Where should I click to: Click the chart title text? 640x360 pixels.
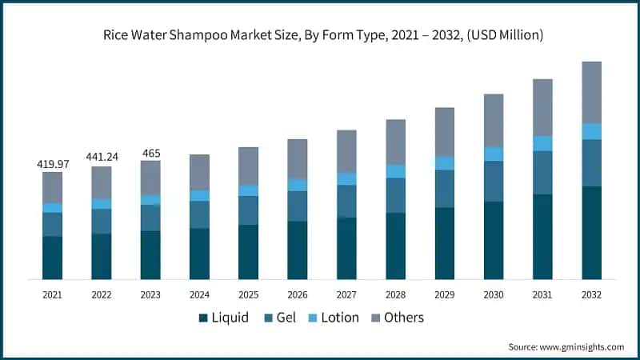coord(320,34)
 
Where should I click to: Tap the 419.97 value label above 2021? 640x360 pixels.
coord(53,164)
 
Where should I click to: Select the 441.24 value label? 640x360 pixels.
coord(102,157)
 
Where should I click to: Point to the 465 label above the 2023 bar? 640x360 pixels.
coord(150,153)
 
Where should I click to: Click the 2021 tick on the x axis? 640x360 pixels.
coord(53,294)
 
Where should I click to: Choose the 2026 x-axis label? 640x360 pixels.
coord(298,294)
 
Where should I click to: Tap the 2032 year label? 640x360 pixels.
coord(591,294)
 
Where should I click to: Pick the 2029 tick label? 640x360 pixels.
coord(444,294)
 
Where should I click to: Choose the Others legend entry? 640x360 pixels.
coord(395,318)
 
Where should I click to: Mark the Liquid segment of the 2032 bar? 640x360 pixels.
coord(591,232)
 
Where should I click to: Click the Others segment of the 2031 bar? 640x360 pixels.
coord(542,107)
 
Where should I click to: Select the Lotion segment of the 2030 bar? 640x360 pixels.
coord(494,154)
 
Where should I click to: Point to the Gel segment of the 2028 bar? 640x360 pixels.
coord(395,195)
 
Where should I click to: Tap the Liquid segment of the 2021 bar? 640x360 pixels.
coord(53,257)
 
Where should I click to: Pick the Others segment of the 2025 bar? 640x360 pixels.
coord(249,166)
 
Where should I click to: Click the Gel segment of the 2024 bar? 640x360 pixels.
coord(199,214)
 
